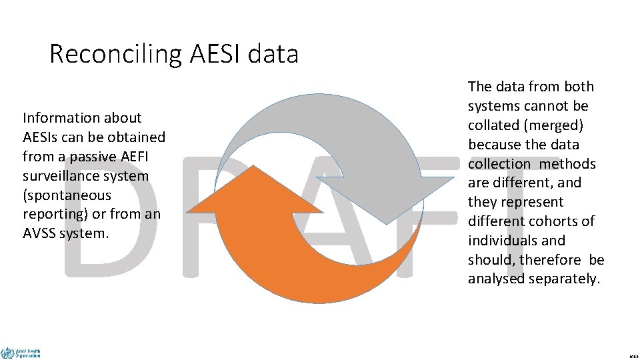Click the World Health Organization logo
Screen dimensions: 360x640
[x=21, y=353]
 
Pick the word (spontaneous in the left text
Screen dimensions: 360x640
[x=67, y=195]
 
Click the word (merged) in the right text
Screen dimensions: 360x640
[x=552, y=125]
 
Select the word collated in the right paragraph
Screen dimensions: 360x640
[x=494, y=125]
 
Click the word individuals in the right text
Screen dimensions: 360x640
[x=502, y=241]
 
